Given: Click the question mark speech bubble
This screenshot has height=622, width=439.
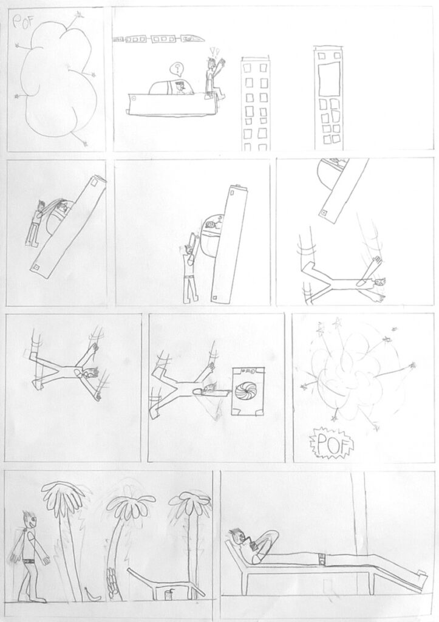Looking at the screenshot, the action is (177, 69).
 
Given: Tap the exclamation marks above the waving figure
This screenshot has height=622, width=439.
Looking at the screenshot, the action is (214, 51).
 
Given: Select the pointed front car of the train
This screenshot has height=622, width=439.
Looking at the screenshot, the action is (194, 38).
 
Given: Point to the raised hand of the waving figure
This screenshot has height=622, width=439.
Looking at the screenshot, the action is (222, 63).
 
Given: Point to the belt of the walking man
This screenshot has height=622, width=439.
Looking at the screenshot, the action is (29, 561).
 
